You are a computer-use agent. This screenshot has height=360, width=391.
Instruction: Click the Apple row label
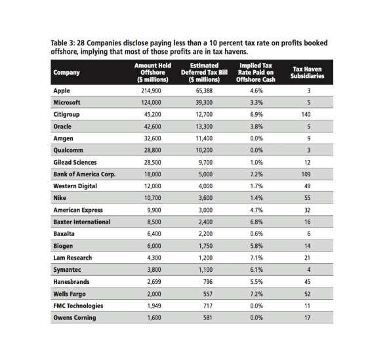pos(62,90)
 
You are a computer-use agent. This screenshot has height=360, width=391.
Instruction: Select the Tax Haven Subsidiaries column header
pos(307,73)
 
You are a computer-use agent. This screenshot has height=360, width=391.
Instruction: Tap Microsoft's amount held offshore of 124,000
pos(151,102)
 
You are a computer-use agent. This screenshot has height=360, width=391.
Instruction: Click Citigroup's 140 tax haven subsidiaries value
pos(306,115)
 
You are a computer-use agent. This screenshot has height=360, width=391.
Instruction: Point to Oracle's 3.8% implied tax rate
pos(257,127)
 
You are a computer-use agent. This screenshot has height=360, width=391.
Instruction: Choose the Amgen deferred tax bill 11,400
pos(204,138)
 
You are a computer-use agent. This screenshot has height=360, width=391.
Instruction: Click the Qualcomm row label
pos(68,150)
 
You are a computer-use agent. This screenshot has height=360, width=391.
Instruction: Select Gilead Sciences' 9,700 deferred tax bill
pos(206,163)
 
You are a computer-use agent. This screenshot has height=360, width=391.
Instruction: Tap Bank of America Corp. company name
pos(84,174)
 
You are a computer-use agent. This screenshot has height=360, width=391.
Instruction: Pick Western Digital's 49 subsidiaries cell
pos(308,186)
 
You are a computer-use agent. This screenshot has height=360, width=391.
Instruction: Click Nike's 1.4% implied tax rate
pos(257,198)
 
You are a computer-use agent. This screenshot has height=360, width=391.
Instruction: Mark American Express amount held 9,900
pos(154,210)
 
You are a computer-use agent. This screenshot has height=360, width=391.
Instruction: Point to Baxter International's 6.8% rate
pos(257,222)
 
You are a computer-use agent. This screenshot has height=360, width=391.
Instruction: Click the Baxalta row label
pos(64,234)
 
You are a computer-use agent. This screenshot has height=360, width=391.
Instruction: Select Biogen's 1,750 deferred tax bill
pos(206,246)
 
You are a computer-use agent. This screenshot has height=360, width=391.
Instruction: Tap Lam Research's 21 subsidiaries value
pos(308,258)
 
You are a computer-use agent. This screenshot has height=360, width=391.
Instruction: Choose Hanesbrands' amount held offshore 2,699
pos(154,282)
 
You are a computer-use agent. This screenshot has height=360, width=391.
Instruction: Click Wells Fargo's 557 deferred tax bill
pos(208,294)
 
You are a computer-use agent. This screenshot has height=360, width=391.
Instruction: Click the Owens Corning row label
pos(75,318)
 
